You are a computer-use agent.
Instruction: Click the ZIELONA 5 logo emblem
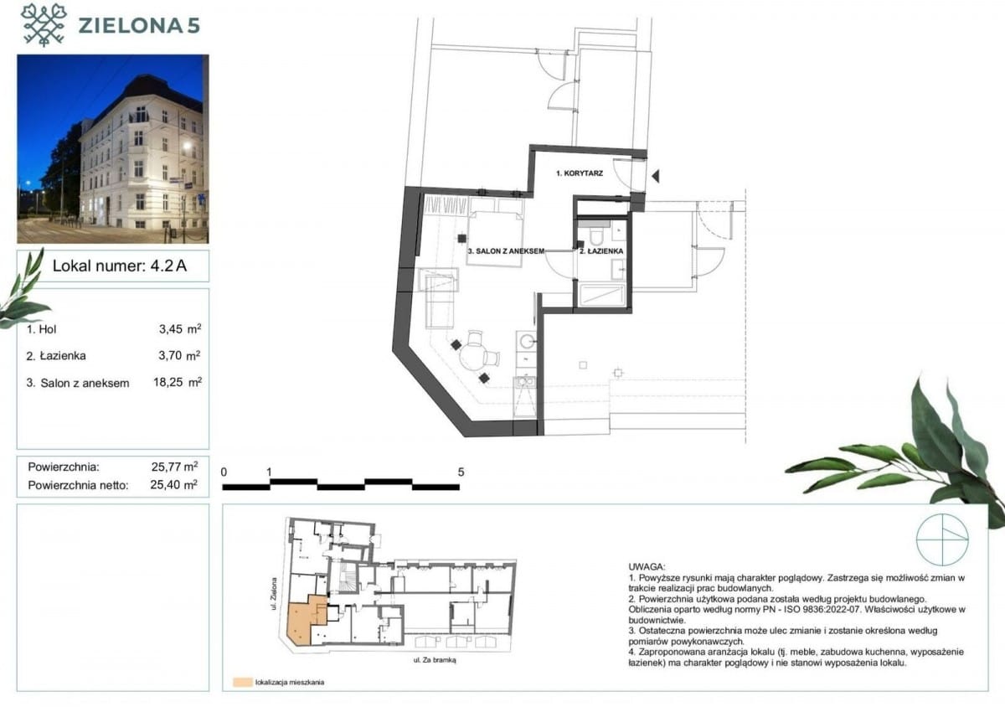44,24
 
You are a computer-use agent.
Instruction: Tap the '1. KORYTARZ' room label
580,173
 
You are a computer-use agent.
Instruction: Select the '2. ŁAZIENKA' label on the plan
601,251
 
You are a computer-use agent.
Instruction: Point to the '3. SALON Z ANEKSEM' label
506,251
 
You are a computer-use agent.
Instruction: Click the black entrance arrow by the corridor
656,176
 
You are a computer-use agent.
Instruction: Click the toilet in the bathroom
597,235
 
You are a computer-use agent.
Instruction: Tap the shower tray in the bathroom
601,295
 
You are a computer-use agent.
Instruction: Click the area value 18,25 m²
178,382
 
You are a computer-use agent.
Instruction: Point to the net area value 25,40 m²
173,484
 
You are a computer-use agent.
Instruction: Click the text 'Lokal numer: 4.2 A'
119,266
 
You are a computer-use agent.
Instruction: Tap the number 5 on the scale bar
461,472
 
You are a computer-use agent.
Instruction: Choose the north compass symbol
942,539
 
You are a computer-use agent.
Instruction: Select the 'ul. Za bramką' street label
435,660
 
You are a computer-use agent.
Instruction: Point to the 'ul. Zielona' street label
273,593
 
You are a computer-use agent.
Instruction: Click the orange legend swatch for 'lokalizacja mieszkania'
242,683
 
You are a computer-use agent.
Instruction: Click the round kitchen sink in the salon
526,341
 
